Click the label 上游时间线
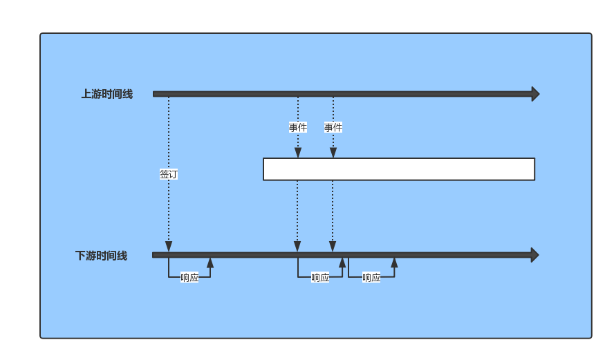point(107,94)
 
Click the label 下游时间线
point(102,256)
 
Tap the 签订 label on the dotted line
point(169,174)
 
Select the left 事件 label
point(298,127)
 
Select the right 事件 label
point(333,127)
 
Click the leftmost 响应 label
point(189,278)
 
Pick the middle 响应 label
point(320,278)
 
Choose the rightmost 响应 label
point(371,278)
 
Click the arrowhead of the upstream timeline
point(536,94)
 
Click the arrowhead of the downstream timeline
point(535,255)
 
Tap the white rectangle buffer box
point(399,169)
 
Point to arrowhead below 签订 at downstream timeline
point(169,247)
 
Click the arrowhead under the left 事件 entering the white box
point(298,153)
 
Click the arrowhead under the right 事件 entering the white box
point(333,153)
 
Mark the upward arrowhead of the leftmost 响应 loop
point(210,263)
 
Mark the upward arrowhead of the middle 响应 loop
point(342,263)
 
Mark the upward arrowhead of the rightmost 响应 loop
point(394,263)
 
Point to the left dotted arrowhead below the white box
point(297,247)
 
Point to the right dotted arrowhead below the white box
point(333,247)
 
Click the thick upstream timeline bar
point(342,94)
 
